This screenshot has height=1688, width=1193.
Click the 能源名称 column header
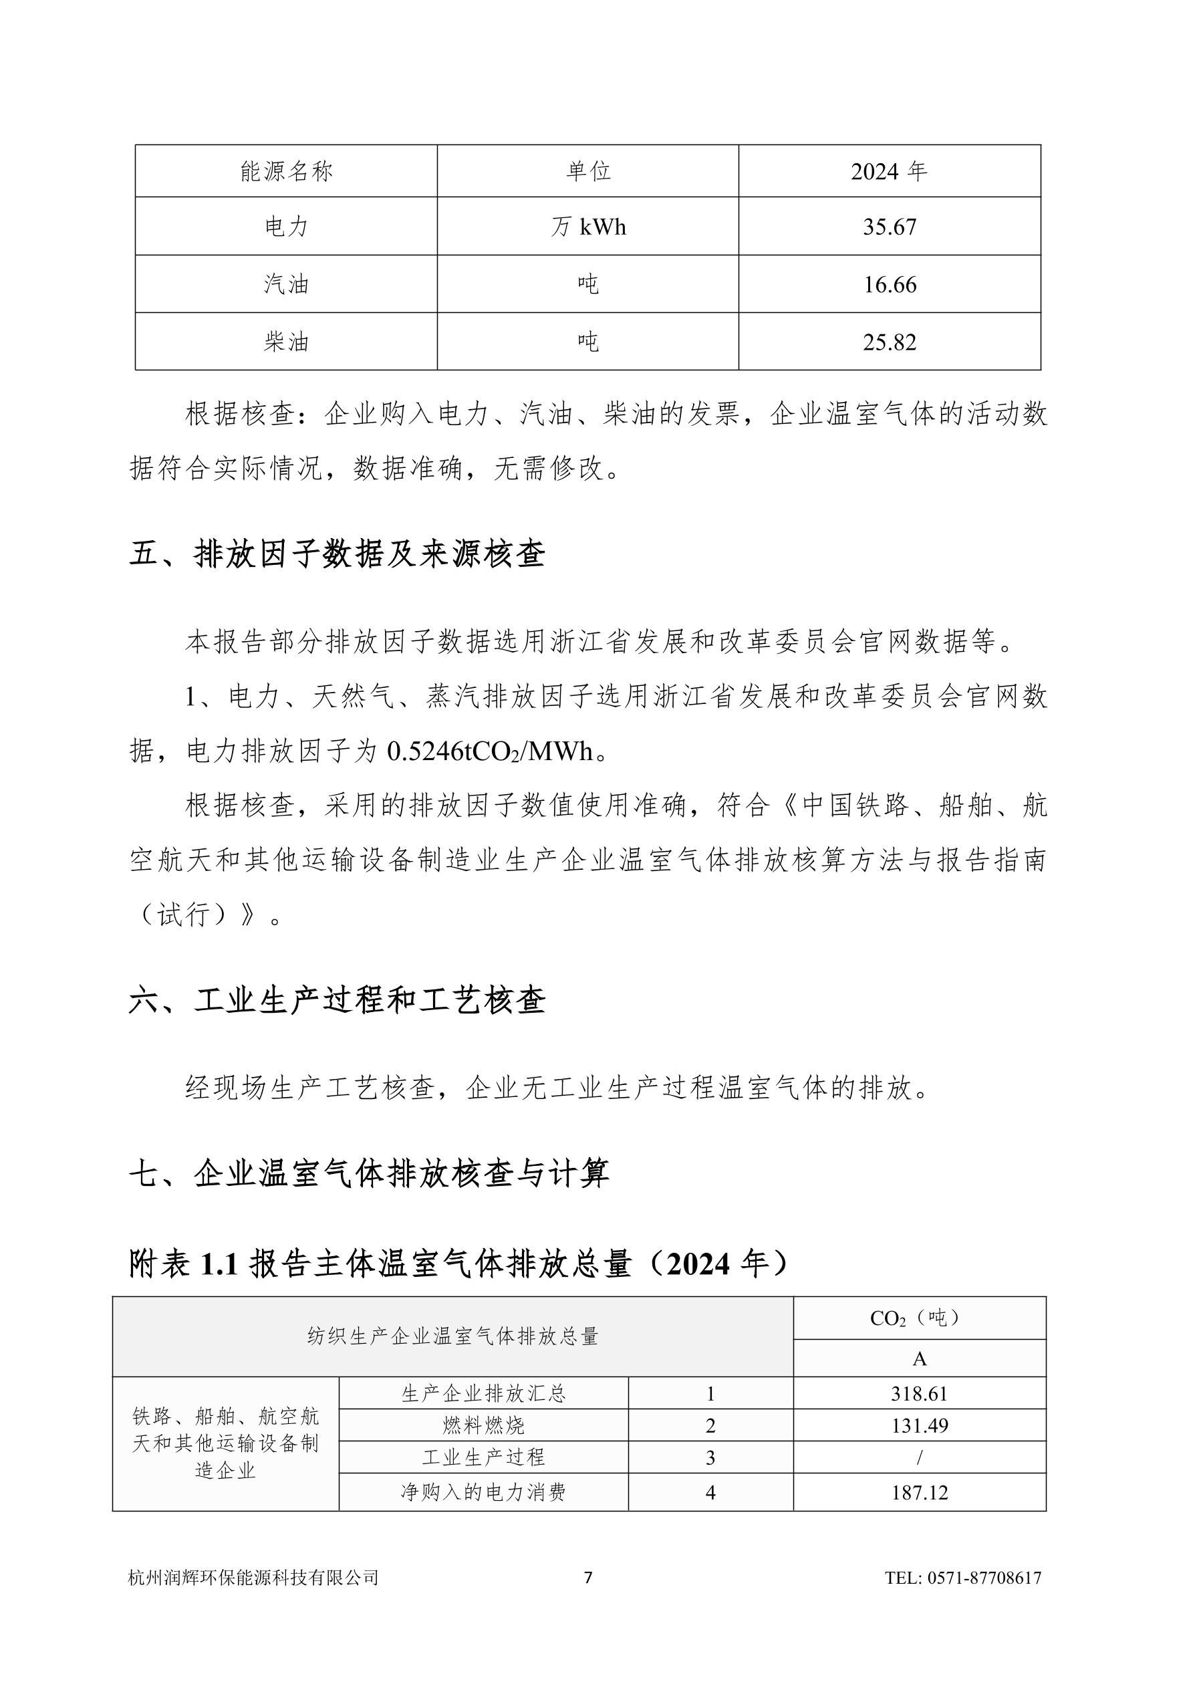pos(286,171)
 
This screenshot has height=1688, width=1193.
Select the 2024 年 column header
pos(889,171)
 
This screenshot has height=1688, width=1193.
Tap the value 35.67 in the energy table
pos(890,227)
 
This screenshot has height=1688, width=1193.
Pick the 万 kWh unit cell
pos(588,227)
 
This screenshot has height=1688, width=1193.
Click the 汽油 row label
pos(286,283)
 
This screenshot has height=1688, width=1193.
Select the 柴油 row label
pos(286,342)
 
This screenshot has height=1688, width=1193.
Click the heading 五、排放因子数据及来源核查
pos(337,554)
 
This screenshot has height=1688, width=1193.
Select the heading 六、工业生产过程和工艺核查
pos(337,1001)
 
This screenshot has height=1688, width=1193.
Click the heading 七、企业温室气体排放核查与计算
pos(369,1173)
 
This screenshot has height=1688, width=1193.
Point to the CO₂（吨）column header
pos(919,1318)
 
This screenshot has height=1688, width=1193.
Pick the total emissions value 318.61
pos(919,1394)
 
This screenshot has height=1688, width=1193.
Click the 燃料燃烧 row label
pos(483,1425)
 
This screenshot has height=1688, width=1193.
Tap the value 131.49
pos(919,1425)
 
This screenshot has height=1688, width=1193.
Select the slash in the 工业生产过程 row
pos(919,1457)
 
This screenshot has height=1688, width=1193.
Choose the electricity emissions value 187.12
pos(919,1491)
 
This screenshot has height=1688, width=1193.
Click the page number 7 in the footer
pos(588,1578)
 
